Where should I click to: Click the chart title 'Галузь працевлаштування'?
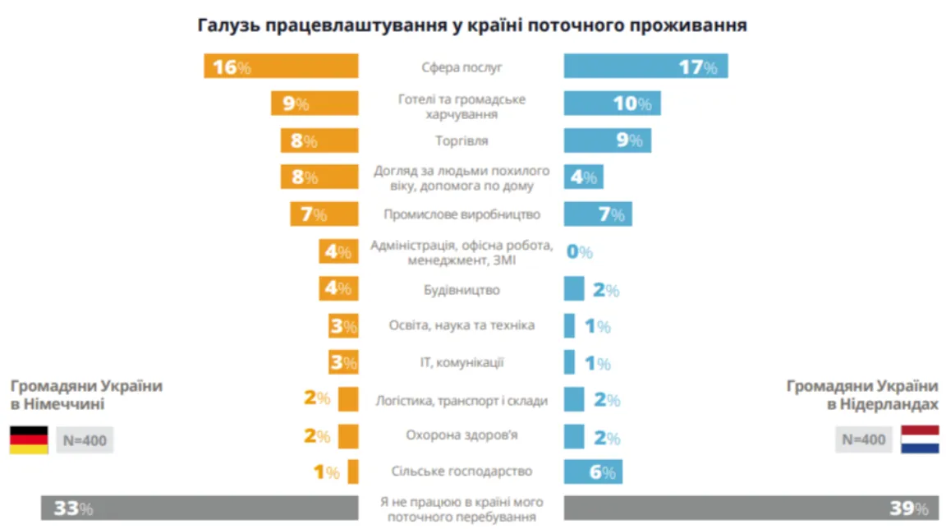(x=472, y=25)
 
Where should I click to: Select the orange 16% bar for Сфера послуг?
(x=281, y=67)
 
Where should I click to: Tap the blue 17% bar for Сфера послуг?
(x=645, y=67)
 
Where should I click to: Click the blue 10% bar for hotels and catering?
(x=612, y=103)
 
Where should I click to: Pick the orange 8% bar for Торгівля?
(x=319, y=140)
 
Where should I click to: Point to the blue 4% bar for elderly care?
(x=583, y=177)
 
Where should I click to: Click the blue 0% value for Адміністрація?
(x=579, y=252)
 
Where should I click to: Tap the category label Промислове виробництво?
(x=462, y=215)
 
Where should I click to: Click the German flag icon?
(x=29, y=440)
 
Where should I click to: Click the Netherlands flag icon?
(x=919, y=440)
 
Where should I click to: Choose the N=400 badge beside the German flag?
(x=84, y=440)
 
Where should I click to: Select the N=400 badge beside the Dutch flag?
(x=862, y=440)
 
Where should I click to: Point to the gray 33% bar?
(x=200, y=508)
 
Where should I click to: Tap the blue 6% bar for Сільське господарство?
(x=593, y=472)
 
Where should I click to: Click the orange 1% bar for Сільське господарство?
(x=353, y=472)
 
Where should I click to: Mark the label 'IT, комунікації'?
(x=462, y=362)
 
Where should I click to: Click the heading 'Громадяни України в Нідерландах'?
(x=862, y=394)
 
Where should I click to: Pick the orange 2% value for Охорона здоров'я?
(x=316, y=436)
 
